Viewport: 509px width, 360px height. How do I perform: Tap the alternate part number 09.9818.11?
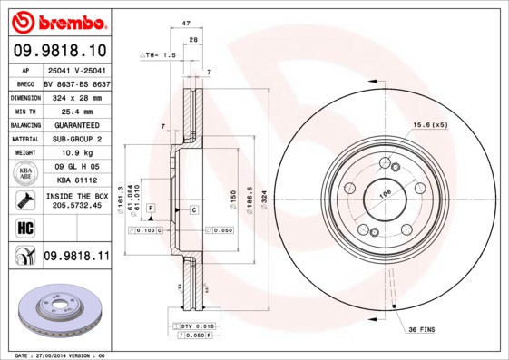[x=76, y=257]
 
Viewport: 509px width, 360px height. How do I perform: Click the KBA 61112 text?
[x=76, y=180]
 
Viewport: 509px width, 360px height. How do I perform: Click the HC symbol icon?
[x=24, y=227]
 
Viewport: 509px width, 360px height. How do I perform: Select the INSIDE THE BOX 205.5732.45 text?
[x=76, y=200]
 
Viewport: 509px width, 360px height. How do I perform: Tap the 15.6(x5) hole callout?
[x=431, y=124]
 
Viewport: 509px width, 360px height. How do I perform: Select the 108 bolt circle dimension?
[x=384, y=193]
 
